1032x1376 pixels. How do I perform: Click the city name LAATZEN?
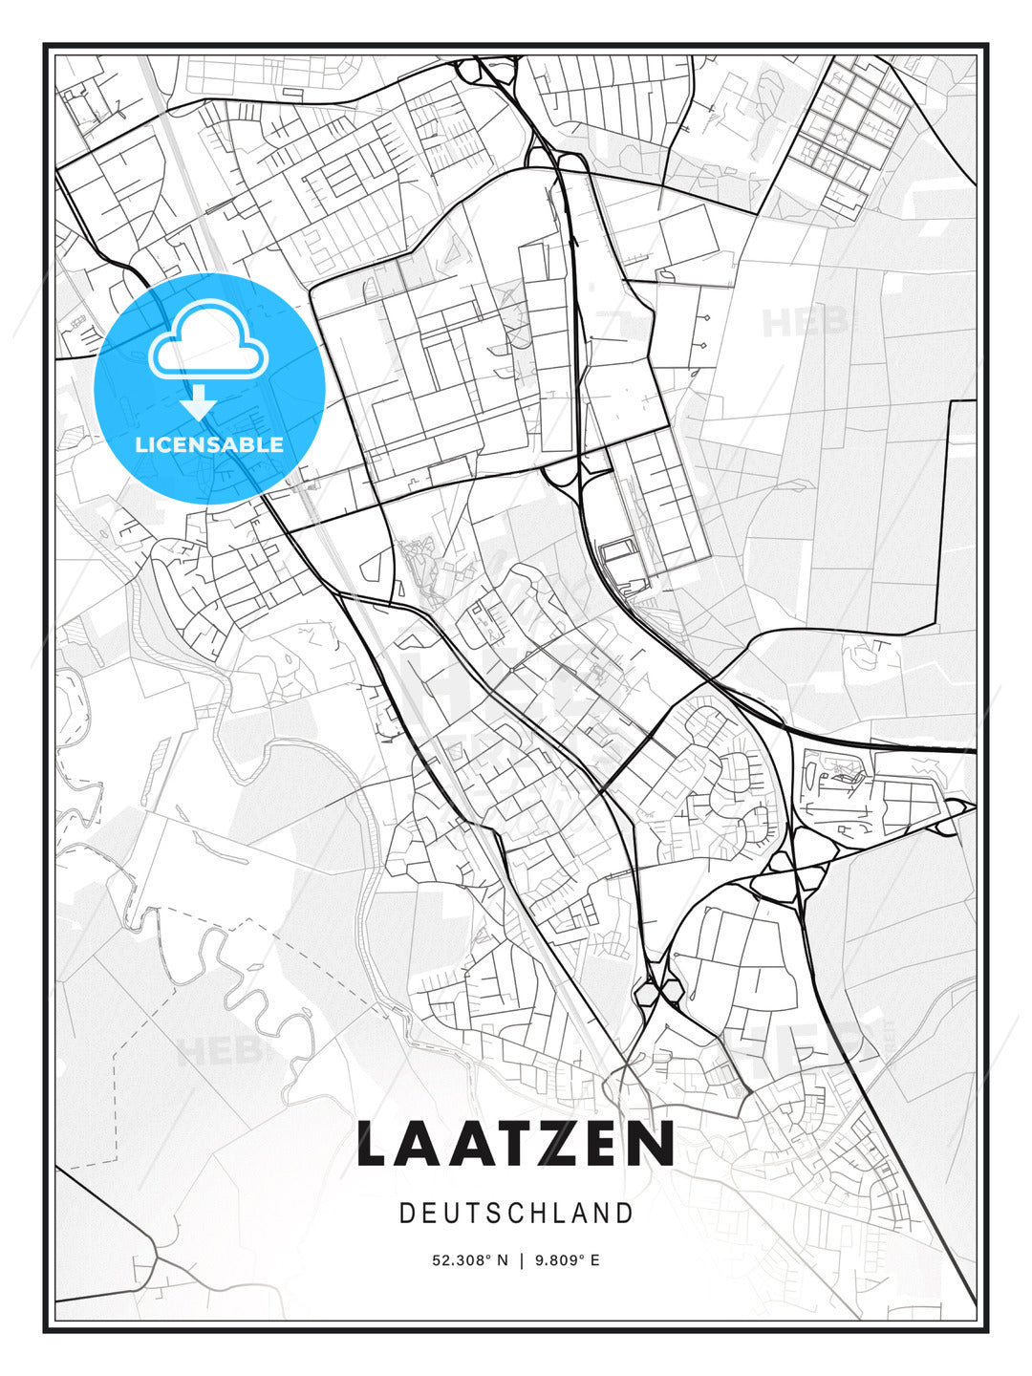click(516, 1144)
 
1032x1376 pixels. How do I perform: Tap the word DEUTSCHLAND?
click(516, 1214)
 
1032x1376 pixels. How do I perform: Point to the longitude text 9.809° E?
click(568, 1260)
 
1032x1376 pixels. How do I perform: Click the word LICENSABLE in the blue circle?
click(209, 444)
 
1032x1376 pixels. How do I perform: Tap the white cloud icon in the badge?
click(206, 339)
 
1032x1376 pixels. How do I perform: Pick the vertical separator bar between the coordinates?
click(521, 1260)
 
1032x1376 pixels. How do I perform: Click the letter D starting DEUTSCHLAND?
click(406, 1214)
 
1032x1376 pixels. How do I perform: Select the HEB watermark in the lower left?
click(218, 1051)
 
